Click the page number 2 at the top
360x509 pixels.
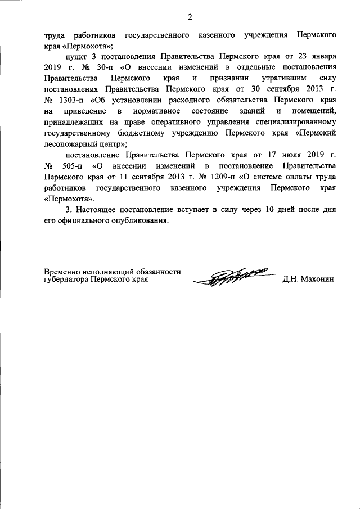click(x=190, y=16)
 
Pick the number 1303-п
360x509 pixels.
click(x=70, y=100)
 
